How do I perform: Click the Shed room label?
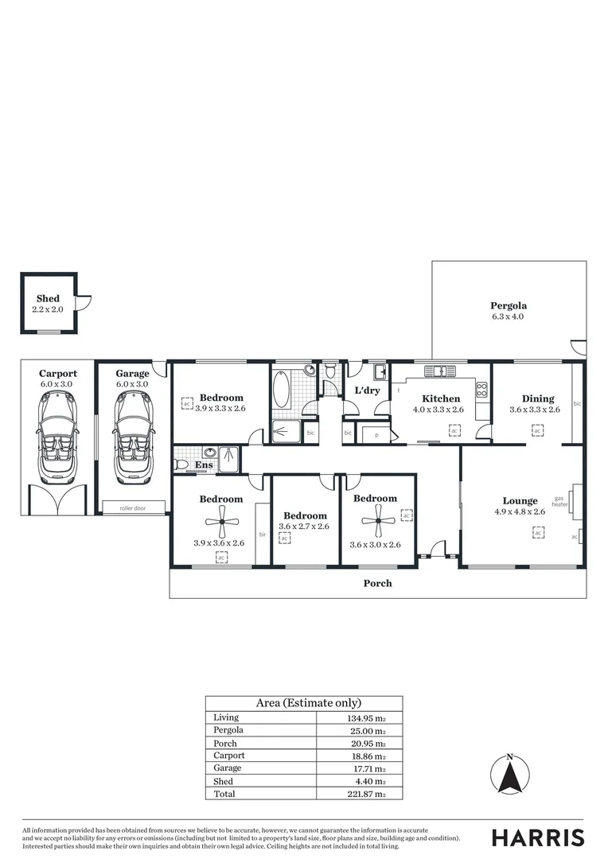point(48,298)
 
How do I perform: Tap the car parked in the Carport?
point(57,437)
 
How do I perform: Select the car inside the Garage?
point(132,437)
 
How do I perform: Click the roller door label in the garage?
point(132,507)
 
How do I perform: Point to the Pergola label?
point(509,305)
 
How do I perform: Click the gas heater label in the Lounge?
point(559,501)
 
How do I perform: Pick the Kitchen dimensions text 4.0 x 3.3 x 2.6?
point(438,410)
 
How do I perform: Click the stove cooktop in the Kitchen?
point(481,389)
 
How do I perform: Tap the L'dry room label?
point(366,391)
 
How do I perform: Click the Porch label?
point(377,583)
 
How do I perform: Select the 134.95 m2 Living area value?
point(362,717)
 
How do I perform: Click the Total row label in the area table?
point(224,794)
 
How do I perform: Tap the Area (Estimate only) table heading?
point(308,703)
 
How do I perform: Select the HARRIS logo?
point(537,838)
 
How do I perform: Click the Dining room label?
point(538,398)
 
